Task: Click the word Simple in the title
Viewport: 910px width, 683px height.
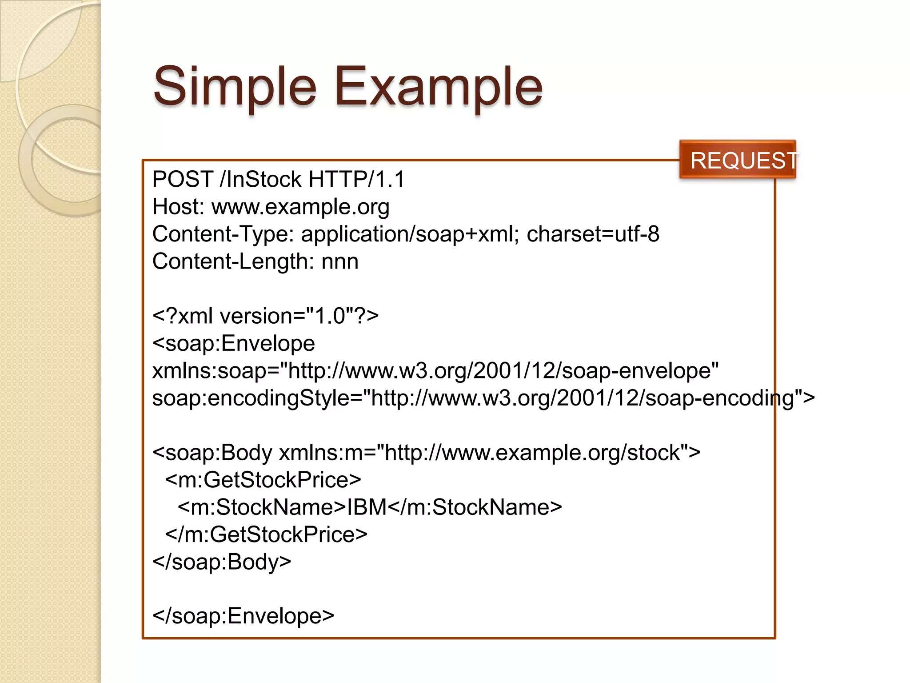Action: tap(235, 87)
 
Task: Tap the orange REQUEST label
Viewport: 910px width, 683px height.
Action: tap(738, 160)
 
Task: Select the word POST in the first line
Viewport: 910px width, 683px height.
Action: tap(183, 179)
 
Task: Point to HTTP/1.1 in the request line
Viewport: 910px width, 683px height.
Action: tap(356, 179)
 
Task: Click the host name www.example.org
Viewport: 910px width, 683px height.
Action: tap(300, 207)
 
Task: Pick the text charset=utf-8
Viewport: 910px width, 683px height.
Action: tap(593, 234)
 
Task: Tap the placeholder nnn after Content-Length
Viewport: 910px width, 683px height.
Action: tap(340, 261)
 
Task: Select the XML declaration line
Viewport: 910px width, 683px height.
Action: tap(265, 316)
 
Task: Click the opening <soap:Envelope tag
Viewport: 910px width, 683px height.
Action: tap(234, 343)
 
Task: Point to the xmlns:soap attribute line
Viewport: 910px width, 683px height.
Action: tap(435, 371)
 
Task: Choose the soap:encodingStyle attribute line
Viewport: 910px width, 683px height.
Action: tap(483, 398)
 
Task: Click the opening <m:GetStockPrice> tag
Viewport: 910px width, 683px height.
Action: tap(263, 480)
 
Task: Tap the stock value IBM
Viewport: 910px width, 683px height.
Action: tap(367, 507)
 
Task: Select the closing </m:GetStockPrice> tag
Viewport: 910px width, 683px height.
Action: tap(266, 534)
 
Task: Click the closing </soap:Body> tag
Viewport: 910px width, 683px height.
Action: tap(222, 562)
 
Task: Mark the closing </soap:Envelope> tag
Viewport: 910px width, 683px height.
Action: tap(243, 616)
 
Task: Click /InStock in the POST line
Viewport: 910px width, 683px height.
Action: tap(261, 179)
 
